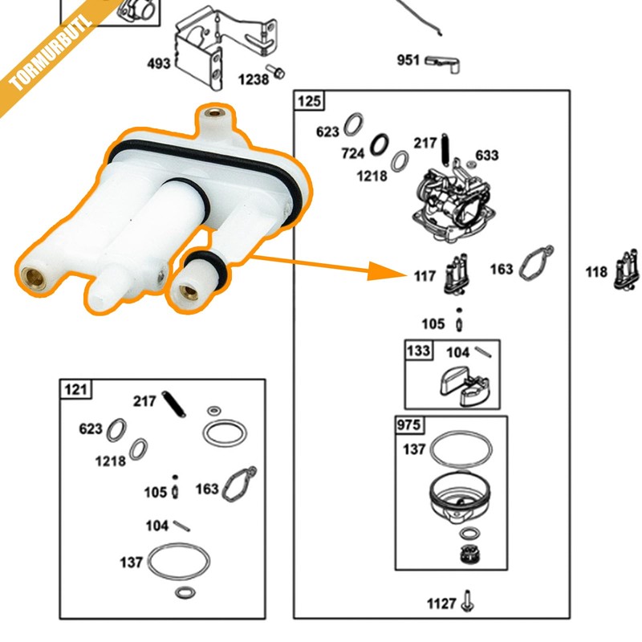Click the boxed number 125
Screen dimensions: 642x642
pos(308,100)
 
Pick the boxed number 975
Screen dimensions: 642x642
pos(409,425)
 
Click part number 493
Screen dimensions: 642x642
pos(158,63)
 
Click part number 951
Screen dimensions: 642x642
pos(408,60)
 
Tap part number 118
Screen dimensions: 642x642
pos(596,273)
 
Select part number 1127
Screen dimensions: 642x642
pos(442,603)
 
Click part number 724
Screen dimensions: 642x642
pos(354,152)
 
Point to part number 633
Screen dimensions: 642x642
pos(487,155)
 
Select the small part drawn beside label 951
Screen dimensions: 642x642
pos(443,63)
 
